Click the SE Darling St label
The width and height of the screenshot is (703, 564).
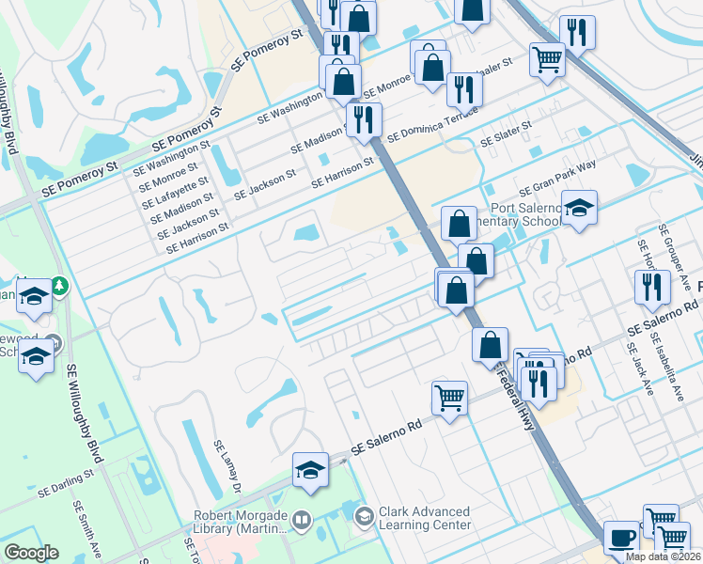pos(67,485)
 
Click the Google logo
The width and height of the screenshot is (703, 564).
pos(31,553)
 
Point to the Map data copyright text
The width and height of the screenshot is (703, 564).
pos(664,556)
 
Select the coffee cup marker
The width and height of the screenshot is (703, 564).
pos(621,537)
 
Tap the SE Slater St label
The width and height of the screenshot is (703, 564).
pos(507,133)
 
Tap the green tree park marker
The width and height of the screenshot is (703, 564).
pos(60,284)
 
